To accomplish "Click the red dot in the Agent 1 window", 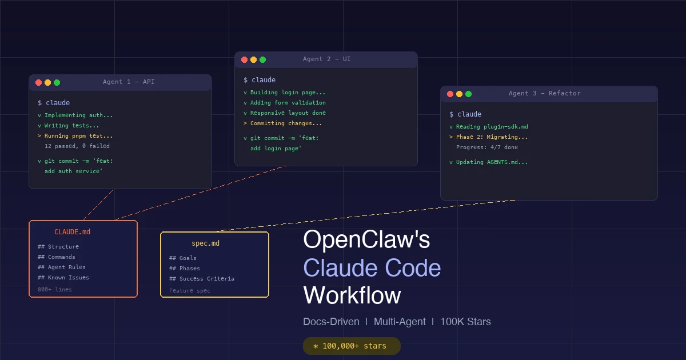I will pos(39,82).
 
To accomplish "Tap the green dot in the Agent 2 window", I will pos(263,59).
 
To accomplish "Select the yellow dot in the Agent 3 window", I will pos(459,94).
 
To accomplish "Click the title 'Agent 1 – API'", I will pos(129,82).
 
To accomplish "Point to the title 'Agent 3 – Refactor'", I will pos(544,94).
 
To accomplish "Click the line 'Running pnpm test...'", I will pos(78,136).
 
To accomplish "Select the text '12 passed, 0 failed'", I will pos(77,146).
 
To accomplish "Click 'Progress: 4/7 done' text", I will pos(487,147).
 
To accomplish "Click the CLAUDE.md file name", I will pos(72,232).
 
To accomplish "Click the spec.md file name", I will pos(205,243).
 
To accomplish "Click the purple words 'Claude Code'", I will pos(372,268).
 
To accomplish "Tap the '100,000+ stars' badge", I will pos(352,346).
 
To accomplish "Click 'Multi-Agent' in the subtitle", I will pos(400,322).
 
